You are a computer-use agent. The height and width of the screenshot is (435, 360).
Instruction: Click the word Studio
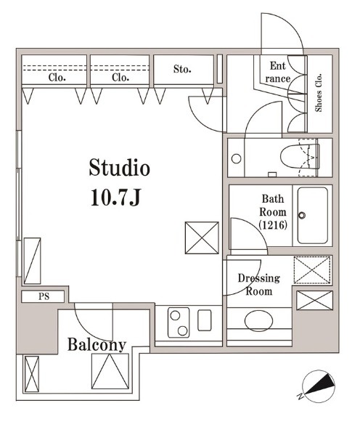[120, 168]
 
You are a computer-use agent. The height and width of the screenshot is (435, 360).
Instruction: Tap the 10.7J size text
[116, 197]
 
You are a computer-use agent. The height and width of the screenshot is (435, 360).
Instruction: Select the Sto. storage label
[182, 69]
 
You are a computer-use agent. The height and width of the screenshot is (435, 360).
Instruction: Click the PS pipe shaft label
[44, 296]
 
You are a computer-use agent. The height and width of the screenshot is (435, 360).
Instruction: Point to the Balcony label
[97, 345]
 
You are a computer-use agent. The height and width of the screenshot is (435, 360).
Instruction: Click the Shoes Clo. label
[319, 93]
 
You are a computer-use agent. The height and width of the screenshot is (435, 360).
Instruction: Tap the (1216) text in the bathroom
[273, 225]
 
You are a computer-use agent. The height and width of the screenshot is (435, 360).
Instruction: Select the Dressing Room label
[259, 285]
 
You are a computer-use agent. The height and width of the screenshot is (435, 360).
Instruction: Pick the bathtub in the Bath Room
[313, 215]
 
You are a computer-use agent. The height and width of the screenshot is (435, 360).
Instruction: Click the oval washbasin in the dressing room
[259, 321]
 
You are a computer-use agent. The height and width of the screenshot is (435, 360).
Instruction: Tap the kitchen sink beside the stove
[205, 320]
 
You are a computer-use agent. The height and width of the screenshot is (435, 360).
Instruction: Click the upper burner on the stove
[175, 315]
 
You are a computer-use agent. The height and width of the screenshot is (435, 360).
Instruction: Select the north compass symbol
[317, 386]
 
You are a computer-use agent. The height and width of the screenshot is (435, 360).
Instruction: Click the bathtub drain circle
[302, 215]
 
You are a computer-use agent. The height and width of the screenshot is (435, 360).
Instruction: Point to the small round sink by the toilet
[237, 159]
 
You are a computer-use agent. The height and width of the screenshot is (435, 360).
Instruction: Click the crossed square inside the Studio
[202, 237]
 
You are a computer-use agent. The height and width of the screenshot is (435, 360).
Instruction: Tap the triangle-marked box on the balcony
[110, 371]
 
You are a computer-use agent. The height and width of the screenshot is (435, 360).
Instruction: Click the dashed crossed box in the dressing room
[312, 270]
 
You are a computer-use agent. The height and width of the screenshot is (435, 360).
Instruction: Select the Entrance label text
[278, 72]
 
